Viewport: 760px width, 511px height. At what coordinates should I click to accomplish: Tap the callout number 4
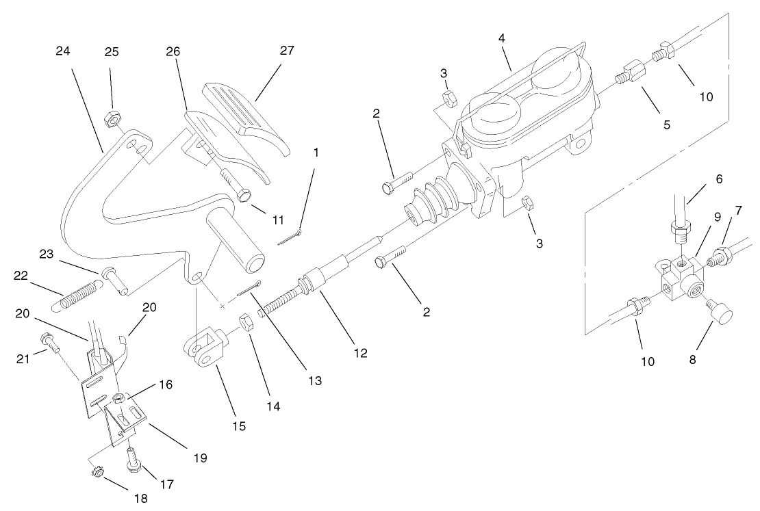point(502,38)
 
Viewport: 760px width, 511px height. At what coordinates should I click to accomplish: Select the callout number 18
point(140,499)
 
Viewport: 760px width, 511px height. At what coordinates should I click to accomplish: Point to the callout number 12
point(360,353)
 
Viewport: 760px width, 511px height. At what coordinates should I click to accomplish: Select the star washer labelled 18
point(97,473)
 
